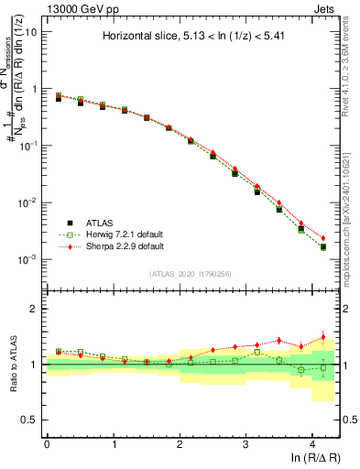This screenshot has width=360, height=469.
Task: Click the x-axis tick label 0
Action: pyautogui.click(x=47, y=444)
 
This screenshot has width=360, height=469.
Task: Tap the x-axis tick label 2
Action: pyautogui.click(x=180, y=444)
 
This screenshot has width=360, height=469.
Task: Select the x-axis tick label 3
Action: pyautogui.click(x=246, y=444)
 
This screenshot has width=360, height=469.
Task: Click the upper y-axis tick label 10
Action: pyautogui.click(x=30, y=32)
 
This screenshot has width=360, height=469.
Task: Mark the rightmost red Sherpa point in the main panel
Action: pyautogui.click(x=322, y=238)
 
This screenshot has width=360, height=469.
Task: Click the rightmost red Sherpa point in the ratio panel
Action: pyautogui.click(x=322, y=337)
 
